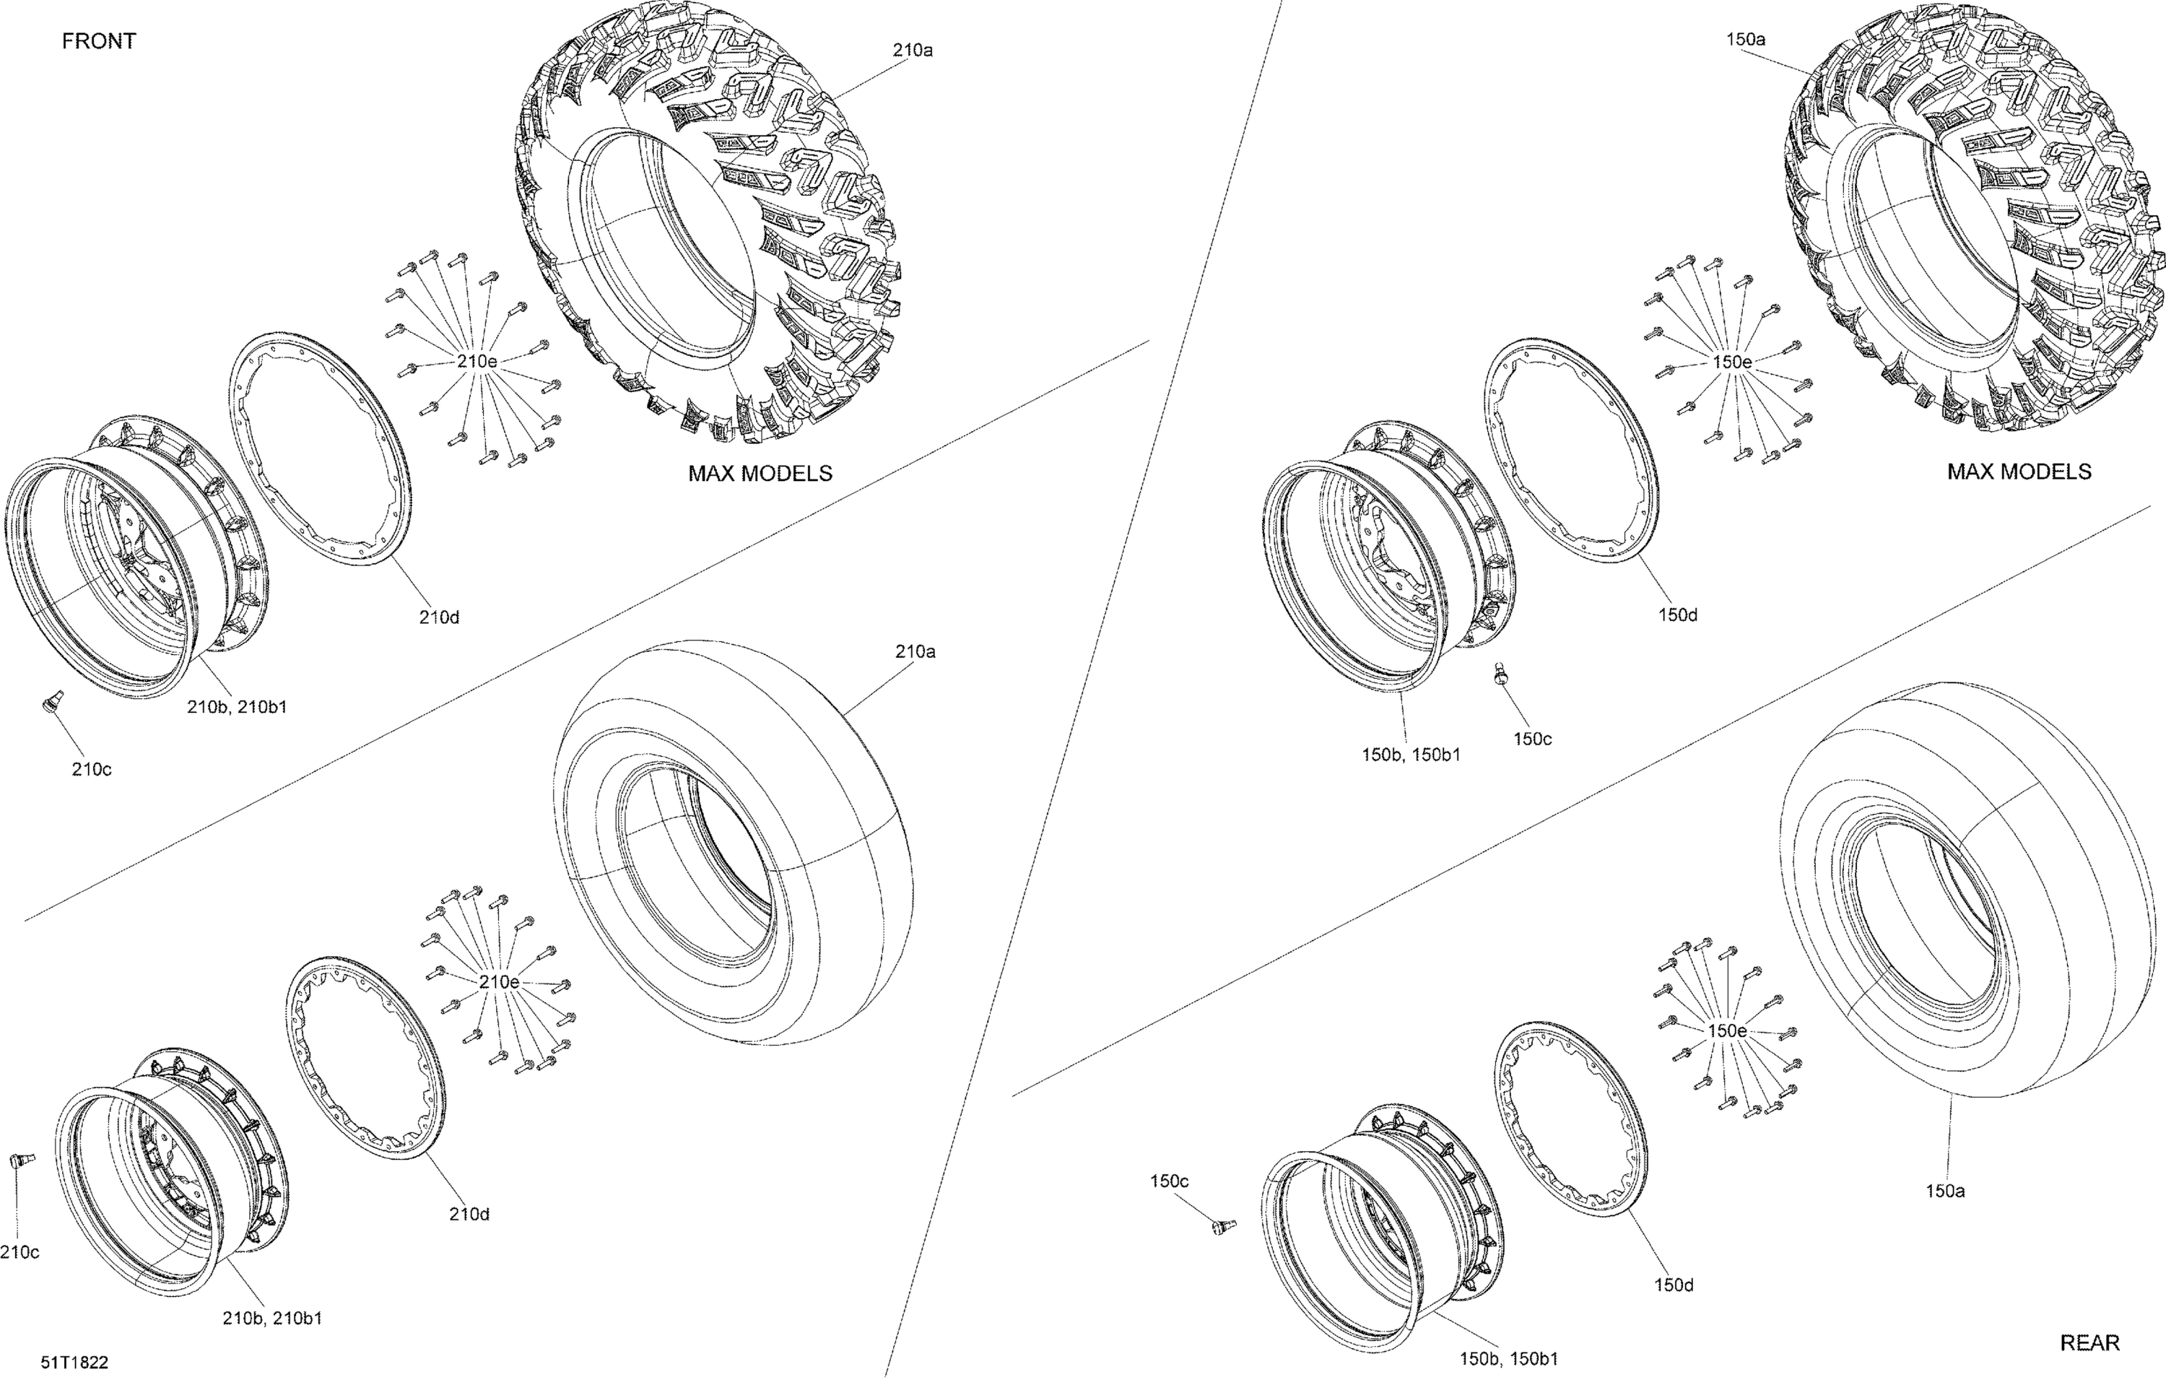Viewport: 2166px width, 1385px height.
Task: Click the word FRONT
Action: [x=99, y=40]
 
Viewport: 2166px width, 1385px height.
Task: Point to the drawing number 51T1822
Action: [x=74, y=1363]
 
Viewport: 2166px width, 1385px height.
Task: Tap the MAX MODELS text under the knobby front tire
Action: [x=760, y=473]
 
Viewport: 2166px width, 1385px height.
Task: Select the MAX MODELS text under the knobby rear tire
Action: [x=2019, y=472]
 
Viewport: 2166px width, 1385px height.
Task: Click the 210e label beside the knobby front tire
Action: [x=477, y=360]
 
